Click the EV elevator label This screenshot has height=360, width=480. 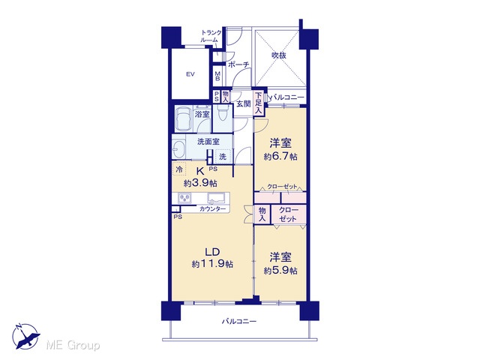(190, 74)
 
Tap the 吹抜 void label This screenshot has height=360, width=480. (279, 55)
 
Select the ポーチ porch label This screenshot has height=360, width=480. (238, 64)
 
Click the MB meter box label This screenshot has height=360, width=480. (217, 76)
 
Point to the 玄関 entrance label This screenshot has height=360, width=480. (244, 104)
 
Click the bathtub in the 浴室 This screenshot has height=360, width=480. (183, 119)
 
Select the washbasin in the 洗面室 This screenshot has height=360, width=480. (177, 149)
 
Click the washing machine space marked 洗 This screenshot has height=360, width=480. (223, 157)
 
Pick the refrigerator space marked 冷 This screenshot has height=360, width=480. (179, 169)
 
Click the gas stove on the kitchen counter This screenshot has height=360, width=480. (184, 198)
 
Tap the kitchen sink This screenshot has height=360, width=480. (216, 198)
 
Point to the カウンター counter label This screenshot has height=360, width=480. (212, 209)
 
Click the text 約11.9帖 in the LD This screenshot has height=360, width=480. (212, 264)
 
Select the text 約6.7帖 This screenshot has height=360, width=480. (280, 157)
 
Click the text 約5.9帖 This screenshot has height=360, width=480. (280, 271)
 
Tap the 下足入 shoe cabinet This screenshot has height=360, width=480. (258, 103)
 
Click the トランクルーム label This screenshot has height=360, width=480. (211, 36)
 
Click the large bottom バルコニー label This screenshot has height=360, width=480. (239, 322)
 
